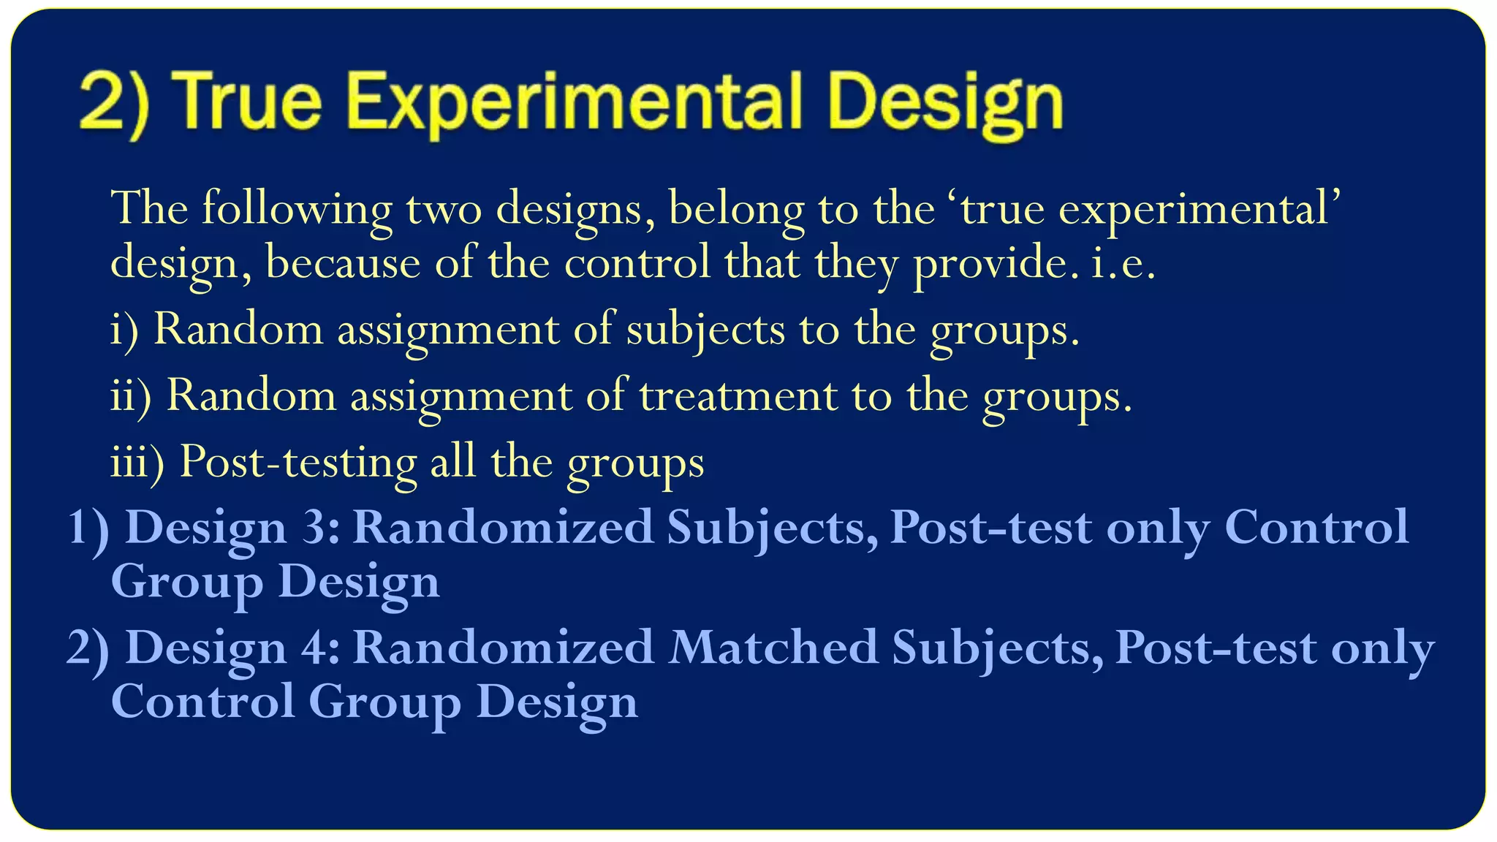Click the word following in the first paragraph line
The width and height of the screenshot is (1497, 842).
pyautogui.click(x=297, y=210)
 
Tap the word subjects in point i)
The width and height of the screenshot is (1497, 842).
pyautogui.click(x=705, y=330)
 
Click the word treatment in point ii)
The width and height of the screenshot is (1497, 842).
pyautogui.click(x=738, y=396)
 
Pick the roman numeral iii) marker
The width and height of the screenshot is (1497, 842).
pyautogui.click(x=137, y=463)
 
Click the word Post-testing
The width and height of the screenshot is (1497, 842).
pyautogui.click(x=298, y=463)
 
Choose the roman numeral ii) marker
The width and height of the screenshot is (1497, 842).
pyautogui.click(x=131, y=396)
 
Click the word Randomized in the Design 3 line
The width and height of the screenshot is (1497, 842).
pyautogui.click(x=503, y=527)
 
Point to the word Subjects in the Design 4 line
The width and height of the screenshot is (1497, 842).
pyautogui.click(x=998, y=648)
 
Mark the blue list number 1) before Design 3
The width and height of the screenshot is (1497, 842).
pyautogui.click(x=88, y=527)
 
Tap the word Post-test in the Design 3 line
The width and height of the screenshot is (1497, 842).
pyautogui.click(x=991, y=527)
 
